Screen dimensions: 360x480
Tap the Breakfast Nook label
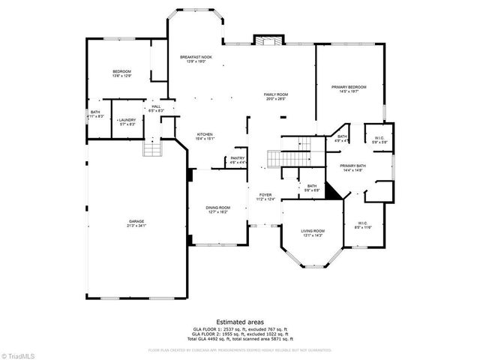(196, 59)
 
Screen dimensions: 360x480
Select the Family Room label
(276, 97)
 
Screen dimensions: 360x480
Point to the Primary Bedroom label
(349, 89)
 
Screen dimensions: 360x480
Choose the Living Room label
(313, 232)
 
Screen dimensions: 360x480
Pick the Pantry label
(238, 160)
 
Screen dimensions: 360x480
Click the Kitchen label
(205, 136)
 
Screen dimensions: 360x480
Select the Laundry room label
(126, 122)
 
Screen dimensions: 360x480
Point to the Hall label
(156, 109)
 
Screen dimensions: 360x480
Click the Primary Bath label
(352, 168)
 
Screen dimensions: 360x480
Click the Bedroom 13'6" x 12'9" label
(121, 73)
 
